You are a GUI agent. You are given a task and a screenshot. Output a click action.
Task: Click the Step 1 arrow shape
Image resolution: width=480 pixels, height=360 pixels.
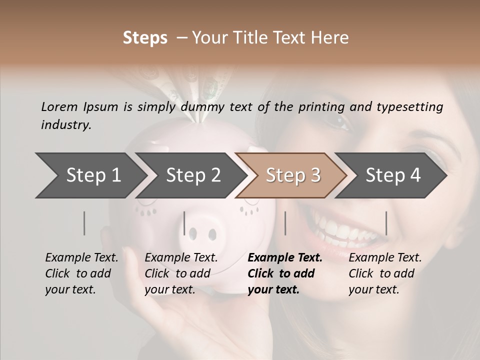(90, 175)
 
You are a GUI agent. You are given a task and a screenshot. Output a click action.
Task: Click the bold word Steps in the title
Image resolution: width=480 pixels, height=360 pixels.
(145, 38)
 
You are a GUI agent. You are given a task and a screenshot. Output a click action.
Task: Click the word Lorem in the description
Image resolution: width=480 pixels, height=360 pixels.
(59, 106)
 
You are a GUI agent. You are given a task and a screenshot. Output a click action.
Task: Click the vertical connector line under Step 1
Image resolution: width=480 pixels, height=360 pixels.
(84, 223)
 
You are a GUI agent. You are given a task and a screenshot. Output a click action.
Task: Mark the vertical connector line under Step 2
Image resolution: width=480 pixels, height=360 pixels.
(184, 223)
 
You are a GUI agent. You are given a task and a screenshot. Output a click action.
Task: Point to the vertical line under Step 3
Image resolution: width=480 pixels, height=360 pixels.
(285, 223)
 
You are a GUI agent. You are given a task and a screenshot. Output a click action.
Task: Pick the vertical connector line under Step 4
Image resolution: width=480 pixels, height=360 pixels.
(386, 223)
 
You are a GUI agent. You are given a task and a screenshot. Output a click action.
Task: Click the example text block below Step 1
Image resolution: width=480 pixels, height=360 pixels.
(81, 273)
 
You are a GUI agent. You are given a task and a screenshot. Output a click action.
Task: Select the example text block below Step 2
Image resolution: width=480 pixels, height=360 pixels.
(181, 273)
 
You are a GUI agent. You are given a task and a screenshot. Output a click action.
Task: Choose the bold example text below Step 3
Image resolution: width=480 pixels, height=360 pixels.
(285, 273)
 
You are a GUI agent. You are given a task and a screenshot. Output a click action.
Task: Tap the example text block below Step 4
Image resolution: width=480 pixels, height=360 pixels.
(385, 273)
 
